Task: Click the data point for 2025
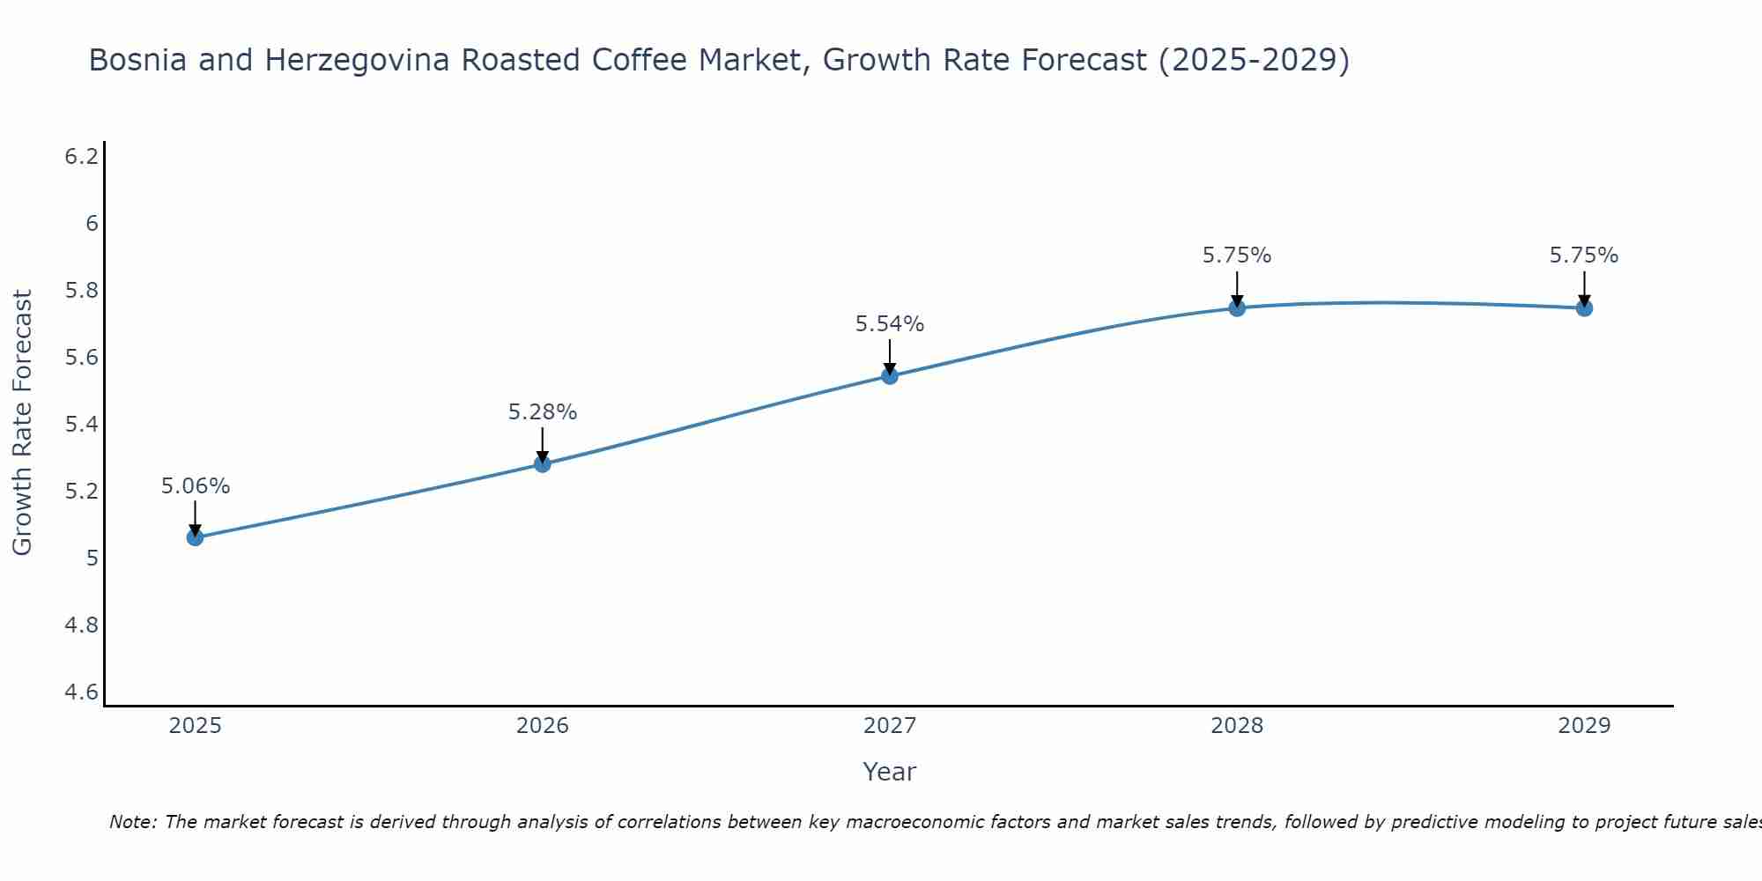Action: pyautogui.click(x=195, y=537)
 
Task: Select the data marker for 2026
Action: pyautogui.click(x=543, y=463)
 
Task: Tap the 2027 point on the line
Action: pyautogui.click(x=890, y=376)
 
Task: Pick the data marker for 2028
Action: pyautogui.click(x=1237, y=307)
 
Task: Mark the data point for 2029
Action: pyautogui.click(x=1584, y=307)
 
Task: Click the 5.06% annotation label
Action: pyautogui.click(x=196, y=486)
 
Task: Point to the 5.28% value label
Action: pyautogui.click(x=543, y=412)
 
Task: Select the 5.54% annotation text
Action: pyautogui.click(x=890, y=324)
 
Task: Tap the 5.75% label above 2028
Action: pyautogui.click(x=1237, y=255)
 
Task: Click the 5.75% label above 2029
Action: pyautogui.click(x=1584, y=255)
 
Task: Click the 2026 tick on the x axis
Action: pyautogui.click(x=543, y=726)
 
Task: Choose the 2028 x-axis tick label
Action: pyautogui.click(x=1237, y=726)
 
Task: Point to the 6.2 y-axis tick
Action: pyautogui.click(x=82, y=157)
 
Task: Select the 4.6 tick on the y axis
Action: pyautogui.click(x=82, y=692)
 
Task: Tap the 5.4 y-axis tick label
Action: pyautogui.click(x=82, y=425)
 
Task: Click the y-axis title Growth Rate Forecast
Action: pyautogui.click(x=23, y=423)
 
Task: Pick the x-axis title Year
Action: pyautogui.click(x=890, y=772)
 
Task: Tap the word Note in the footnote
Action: pyautogui.click(x=132, y=822)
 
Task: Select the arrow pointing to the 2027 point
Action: pyautogui.click(x=890, y=357)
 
